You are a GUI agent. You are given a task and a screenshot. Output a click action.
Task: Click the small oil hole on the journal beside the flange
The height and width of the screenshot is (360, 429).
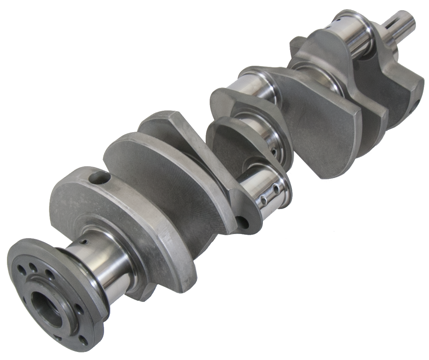[x=84, y=242]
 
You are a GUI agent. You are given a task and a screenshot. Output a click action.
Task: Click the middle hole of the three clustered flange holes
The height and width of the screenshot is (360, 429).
[x=33, y=268]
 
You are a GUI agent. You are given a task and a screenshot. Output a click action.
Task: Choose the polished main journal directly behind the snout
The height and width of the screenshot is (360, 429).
[x=354, y=34]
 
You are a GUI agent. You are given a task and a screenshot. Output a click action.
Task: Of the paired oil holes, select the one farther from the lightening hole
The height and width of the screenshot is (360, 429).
[x=277, y=189]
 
